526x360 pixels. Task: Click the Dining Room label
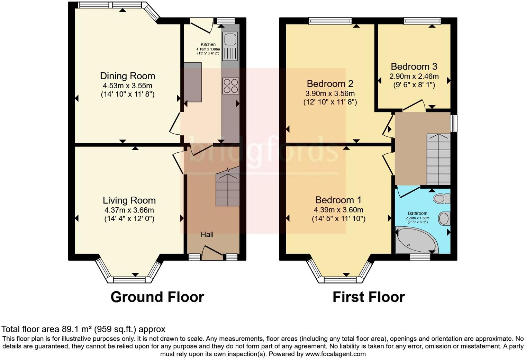click(x=127, y=76)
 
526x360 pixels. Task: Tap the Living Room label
click(x=129, y=200)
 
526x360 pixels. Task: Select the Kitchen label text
click(x=208, y=44)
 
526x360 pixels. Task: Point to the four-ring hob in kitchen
click(x=230, y=85)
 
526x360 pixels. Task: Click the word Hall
click(x=207, y=235)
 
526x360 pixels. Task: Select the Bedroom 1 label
click(x=338, y=200)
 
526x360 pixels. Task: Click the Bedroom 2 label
click(x=330, y=84)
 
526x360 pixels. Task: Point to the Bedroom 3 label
click(x=414, y=66)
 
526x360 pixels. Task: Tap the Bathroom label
click(x=417, y=214)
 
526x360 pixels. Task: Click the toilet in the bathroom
click(x=441, y=198)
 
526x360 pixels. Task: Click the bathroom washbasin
click(x=444, y=219)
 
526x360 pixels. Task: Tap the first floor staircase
click(x=438, y=159)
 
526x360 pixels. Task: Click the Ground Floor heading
click(x=157, y=297)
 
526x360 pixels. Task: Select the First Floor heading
click(x=368, y=297)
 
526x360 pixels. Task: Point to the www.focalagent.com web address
click(x=335, y=354)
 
